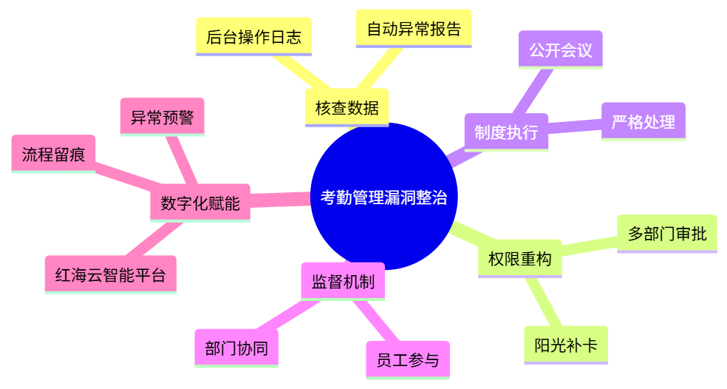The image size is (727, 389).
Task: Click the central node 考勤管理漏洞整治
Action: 384,197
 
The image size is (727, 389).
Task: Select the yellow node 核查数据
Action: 347,107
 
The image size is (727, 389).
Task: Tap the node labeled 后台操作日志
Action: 253,36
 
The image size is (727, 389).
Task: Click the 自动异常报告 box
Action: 413,29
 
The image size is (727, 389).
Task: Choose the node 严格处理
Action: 643,121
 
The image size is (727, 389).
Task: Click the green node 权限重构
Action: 519,260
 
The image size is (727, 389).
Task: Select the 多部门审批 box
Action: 666,234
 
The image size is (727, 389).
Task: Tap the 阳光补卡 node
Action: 566,345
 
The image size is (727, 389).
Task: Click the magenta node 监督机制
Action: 343,281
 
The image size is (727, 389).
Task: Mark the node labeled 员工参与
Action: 407,360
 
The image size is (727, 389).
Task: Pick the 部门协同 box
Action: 236,348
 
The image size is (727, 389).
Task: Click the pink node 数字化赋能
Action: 199,203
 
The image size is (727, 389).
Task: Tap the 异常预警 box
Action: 162,117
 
